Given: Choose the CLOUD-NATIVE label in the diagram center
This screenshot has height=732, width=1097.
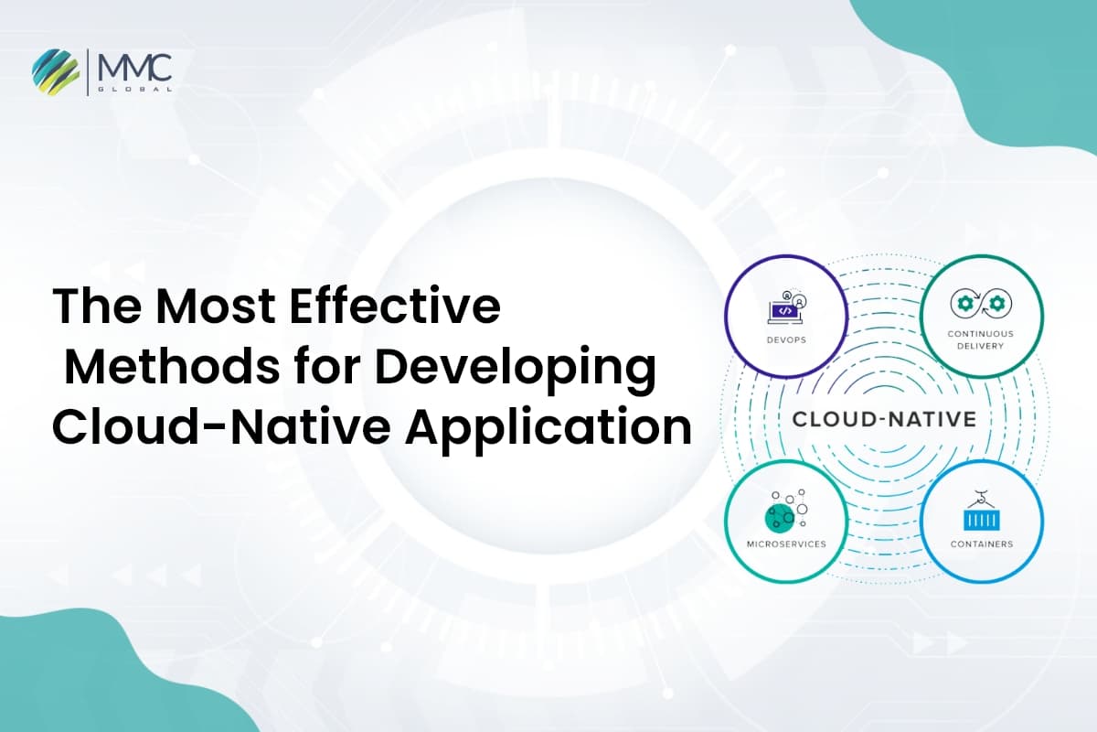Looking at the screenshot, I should tap(883, 420).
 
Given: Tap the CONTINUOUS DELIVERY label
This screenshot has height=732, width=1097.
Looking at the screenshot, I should tap(975, 339).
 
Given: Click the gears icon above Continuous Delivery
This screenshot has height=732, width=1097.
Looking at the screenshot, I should tap(975, 303).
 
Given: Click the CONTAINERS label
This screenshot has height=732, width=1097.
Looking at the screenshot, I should tap(981, 544).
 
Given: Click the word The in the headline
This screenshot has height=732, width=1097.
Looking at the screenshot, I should tap(91, 307).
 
